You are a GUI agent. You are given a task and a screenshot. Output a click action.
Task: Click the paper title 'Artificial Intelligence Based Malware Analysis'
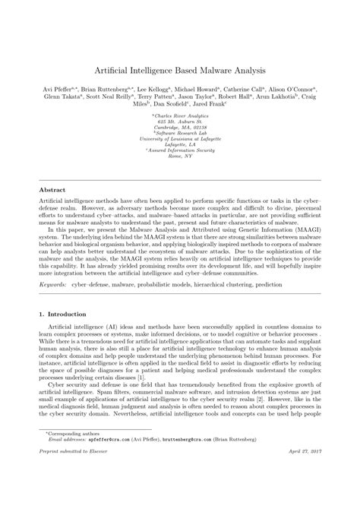pyautogui.click(x=180, y=69)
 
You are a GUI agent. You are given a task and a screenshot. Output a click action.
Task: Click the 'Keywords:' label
pyautogui.click(x=53, y=267)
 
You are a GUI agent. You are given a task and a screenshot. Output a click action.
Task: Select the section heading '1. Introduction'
pyautogui.click(x=64, y=292)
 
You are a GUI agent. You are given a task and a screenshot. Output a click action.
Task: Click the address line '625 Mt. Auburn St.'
pyautogui.click(x=180, y=121)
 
